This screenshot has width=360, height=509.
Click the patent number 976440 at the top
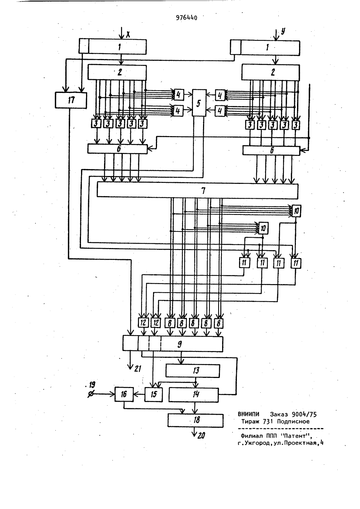[186, 18]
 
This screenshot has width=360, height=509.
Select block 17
[71, 100]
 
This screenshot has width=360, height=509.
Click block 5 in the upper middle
[199, 103]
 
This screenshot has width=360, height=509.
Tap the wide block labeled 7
[198, 190]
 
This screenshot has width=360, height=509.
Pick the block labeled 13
[193, 371]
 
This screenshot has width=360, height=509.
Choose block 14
[193, 395]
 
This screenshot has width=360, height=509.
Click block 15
[154, 395]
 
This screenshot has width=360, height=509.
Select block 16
[124, 394]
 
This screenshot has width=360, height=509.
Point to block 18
[195, 420]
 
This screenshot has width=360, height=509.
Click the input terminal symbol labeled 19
[91, 395]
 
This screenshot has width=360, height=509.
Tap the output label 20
[201, 435]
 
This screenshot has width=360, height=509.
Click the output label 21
[138, 369]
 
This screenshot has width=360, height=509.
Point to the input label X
[128, 35]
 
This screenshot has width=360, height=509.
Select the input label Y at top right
[283, 31]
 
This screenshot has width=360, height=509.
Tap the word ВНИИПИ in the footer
[248, 414]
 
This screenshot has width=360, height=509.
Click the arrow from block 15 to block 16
[139, 395]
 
